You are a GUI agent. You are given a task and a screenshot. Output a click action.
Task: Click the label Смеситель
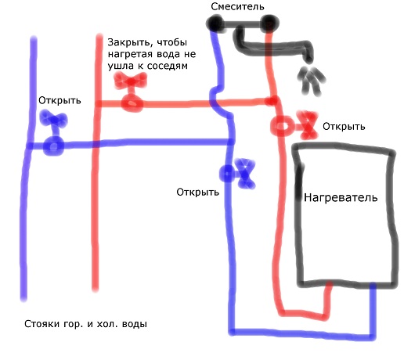pos(237,6)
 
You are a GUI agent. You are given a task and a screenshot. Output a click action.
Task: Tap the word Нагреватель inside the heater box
pos(341,197)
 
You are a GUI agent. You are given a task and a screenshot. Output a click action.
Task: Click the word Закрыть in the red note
pos(128,42)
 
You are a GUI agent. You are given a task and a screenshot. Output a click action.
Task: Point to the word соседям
pos(168,66)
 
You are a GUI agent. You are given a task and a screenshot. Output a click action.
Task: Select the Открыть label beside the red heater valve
pos(344,127)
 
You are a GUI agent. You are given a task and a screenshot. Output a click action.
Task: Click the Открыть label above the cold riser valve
pos(60,100)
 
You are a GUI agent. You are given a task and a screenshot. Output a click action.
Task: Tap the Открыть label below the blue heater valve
pos(198,193)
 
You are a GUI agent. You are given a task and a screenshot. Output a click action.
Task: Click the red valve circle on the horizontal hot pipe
pos(132,103)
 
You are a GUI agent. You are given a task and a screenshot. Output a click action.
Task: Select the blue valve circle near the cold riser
pos(53,146)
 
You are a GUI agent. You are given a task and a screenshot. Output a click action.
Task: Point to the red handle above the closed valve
pos(131,81)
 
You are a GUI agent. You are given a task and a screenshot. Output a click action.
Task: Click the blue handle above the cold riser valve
pos(53,119)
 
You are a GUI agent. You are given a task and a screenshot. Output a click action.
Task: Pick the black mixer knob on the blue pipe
pos(215,23)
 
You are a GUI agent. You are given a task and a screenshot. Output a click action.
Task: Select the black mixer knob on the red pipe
pos(270,23)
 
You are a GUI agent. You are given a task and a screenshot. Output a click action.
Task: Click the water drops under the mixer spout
pos(311,81)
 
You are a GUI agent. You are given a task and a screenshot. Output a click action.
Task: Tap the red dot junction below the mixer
pos(272,100)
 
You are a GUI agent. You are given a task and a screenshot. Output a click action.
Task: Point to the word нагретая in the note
pos(129,54)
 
